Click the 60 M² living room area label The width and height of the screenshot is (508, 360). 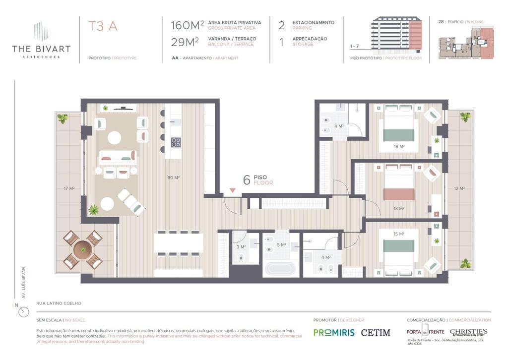173,177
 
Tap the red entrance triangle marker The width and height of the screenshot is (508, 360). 232,190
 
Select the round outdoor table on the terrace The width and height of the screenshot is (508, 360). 82,250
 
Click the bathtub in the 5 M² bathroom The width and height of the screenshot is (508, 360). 280,269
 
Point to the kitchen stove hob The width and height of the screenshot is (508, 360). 176,142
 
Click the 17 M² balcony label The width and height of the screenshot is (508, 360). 68,188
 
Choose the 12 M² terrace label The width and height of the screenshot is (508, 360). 459,188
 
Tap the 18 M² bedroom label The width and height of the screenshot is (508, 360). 399,147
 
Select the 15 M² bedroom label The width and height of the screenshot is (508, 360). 399,234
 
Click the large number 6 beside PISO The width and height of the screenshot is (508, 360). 247,180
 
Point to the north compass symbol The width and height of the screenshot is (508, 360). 23,312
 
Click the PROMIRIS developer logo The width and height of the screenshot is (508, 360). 334,333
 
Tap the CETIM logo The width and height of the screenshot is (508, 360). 376,333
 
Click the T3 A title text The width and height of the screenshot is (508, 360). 103,26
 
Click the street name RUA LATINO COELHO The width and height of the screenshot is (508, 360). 59,303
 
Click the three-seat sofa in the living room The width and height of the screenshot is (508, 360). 118,157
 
